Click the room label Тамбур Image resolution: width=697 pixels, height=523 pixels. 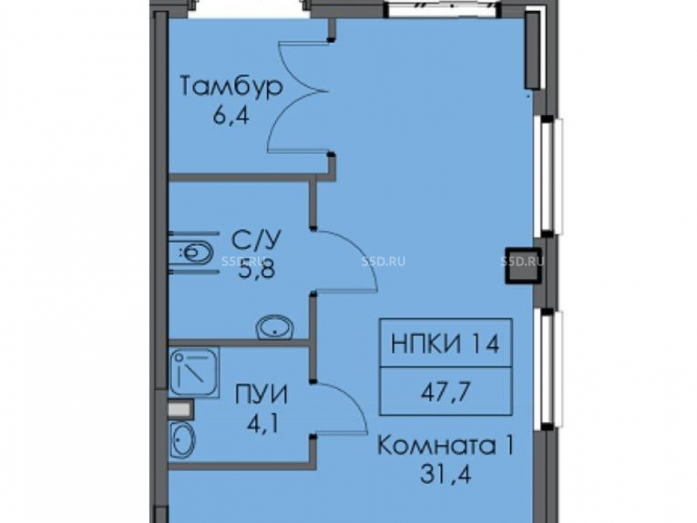point(231,86)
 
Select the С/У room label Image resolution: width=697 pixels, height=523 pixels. point(256,241)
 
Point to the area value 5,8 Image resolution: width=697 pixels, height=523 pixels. point(257,269)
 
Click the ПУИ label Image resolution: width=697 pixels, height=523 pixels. point(261,395)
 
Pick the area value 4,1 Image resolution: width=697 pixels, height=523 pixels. point(263,424)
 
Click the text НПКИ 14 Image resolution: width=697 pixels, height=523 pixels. point(445,344)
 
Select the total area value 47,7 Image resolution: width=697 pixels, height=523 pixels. point(445,392)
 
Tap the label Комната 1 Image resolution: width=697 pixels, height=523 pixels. point(445,445)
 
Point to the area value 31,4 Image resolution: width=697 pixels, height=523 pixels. point(445,474)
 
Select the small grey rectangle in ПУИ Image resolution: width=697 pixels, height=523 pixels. point(181,409)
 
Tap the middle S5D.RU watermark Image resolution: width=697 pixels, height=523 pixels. point(383,261)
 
